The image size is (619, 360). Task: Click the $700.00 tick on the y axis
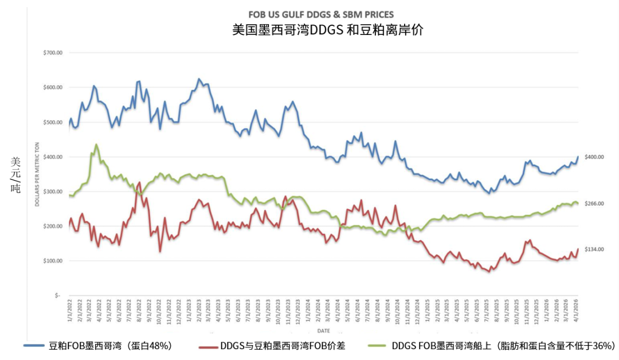pos(52,53)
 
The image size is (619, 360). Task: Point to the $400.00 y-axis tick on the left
pos(52,157)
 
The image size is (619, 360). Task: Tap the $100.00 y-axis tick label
pos(52,261)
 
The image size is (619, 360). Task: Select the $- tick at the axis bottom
pos(57,295)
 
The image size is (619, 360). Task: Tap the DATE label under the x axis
pos(323,331)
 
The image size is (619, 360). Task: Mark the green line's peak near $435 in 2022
pos(96,144)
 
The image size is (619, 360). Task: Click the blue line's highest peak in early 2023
pos(199,79)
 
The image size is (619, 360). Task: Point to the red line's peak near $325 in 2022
pos(139,183)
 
